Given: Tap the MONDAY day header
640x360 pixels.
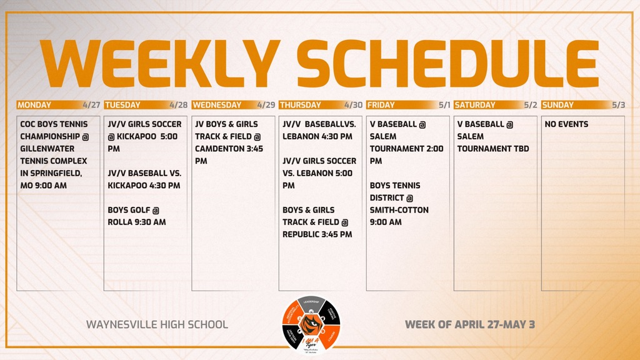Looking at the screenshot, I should tap(35, 105).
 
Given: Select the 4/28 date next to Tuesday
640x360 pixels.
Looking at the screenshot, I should tap(178, 105).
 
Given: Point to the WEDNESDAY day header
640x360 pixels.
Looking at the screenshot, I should tap(217, 105).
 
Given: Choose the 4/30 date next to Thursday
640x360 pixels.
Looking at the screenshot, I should tap(353, 105).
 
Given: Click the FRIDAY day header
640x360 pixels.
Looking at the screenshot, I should tap(381, 105).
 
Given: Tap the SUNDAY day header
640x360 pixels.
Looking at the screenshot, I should tap(558, 105).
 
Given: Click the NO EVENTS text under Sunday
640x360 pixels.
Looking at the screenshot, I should tap(566, 124).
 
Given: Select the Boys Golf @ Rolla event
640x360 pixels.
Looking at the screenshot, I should tap(137, 216).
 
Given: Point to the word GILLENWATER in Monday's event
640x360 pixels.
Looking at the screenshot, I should tap(47, 149).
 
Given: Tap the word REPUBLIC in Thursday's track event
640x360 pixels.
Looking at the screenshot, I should tap(306, 234).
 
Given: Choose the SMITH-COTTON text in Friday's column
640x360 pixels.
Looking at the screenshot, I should tap(399, 210).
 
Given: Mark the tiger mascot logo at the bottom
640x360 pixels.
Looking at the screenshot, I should tap(311, 324).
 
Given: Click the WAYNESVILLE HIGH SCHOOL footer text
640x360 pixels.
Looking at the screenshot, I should tap(157, 324).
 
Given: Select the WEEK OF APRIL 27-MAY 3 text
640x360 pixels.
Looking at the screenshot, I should tap(470, 324).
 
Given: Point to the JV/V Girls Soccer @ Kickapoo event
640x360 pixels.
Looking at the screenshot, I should tap(145, 136).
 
